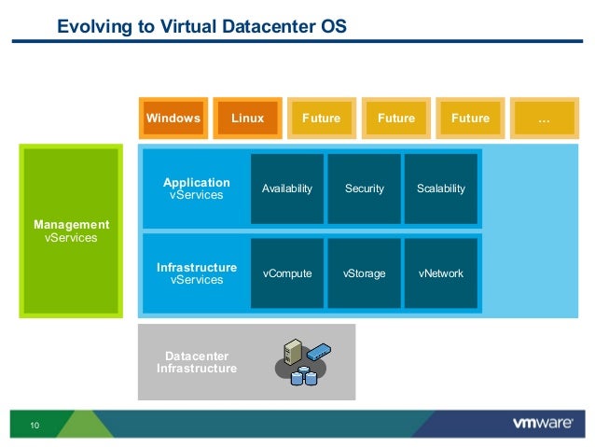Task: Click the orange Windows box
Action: coord(173,119)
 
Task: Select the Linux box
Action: coord(247,119)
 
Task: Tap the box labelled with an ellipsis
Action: coord(544,119)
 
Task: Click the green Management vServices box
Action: coord(71,230)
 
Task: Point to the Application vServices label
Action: coord(196,189)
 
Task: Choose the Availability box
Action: coord(287,189)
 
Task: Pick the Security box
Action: coord(364,189)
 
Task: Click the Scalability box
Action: coord(441,189)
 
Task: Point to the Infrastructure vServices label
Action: coord(196,273)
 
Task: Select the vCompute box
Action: coord(287,273)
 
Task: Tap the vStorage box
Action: coord(364,273)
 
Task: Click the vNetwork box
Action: coord(441,273)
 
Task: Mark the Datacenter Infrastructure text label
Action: coord(196,362)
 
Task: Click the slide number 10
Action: coord(35,426)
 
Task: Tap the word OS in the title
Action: coord(334,27)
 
